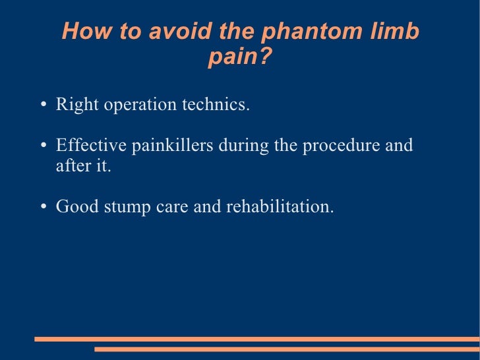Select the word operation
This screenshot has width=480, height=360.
(138, 105)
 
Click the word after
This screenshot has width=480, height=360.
(71, 165)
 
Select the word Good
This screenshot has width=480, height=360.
(73, 206)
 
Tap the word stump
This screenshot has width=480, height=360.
(125, 206)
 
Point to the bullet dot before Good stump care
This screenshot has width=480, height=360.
(42, 207)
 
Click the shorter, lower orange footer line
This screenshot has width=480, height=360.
(287, 349)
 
